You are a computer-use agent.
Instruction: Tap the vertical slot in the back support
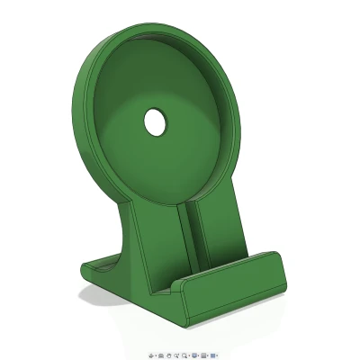point(193,238)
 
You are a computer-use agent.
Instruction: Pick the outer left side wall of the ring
point(82,108)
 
